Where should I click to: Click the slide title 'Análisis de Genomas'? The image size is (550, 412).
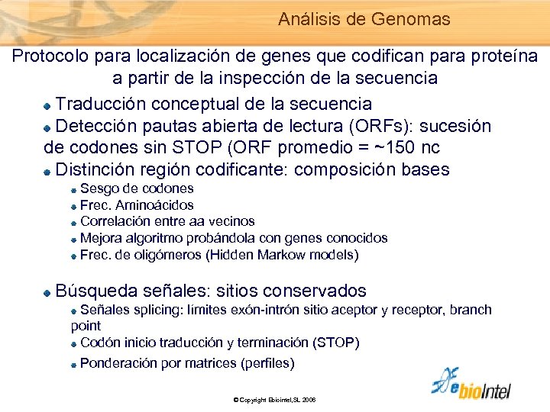[364, 19]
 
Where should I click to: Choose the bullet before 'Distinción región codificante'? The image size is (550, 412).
[47, 170]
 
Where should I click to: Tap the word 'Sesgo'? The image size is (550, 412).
[99, 188]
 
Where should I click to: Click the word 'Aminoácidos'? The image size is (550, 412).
[151, 205]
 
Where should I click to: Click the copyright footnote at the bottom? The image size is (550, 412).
[274, 400]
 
